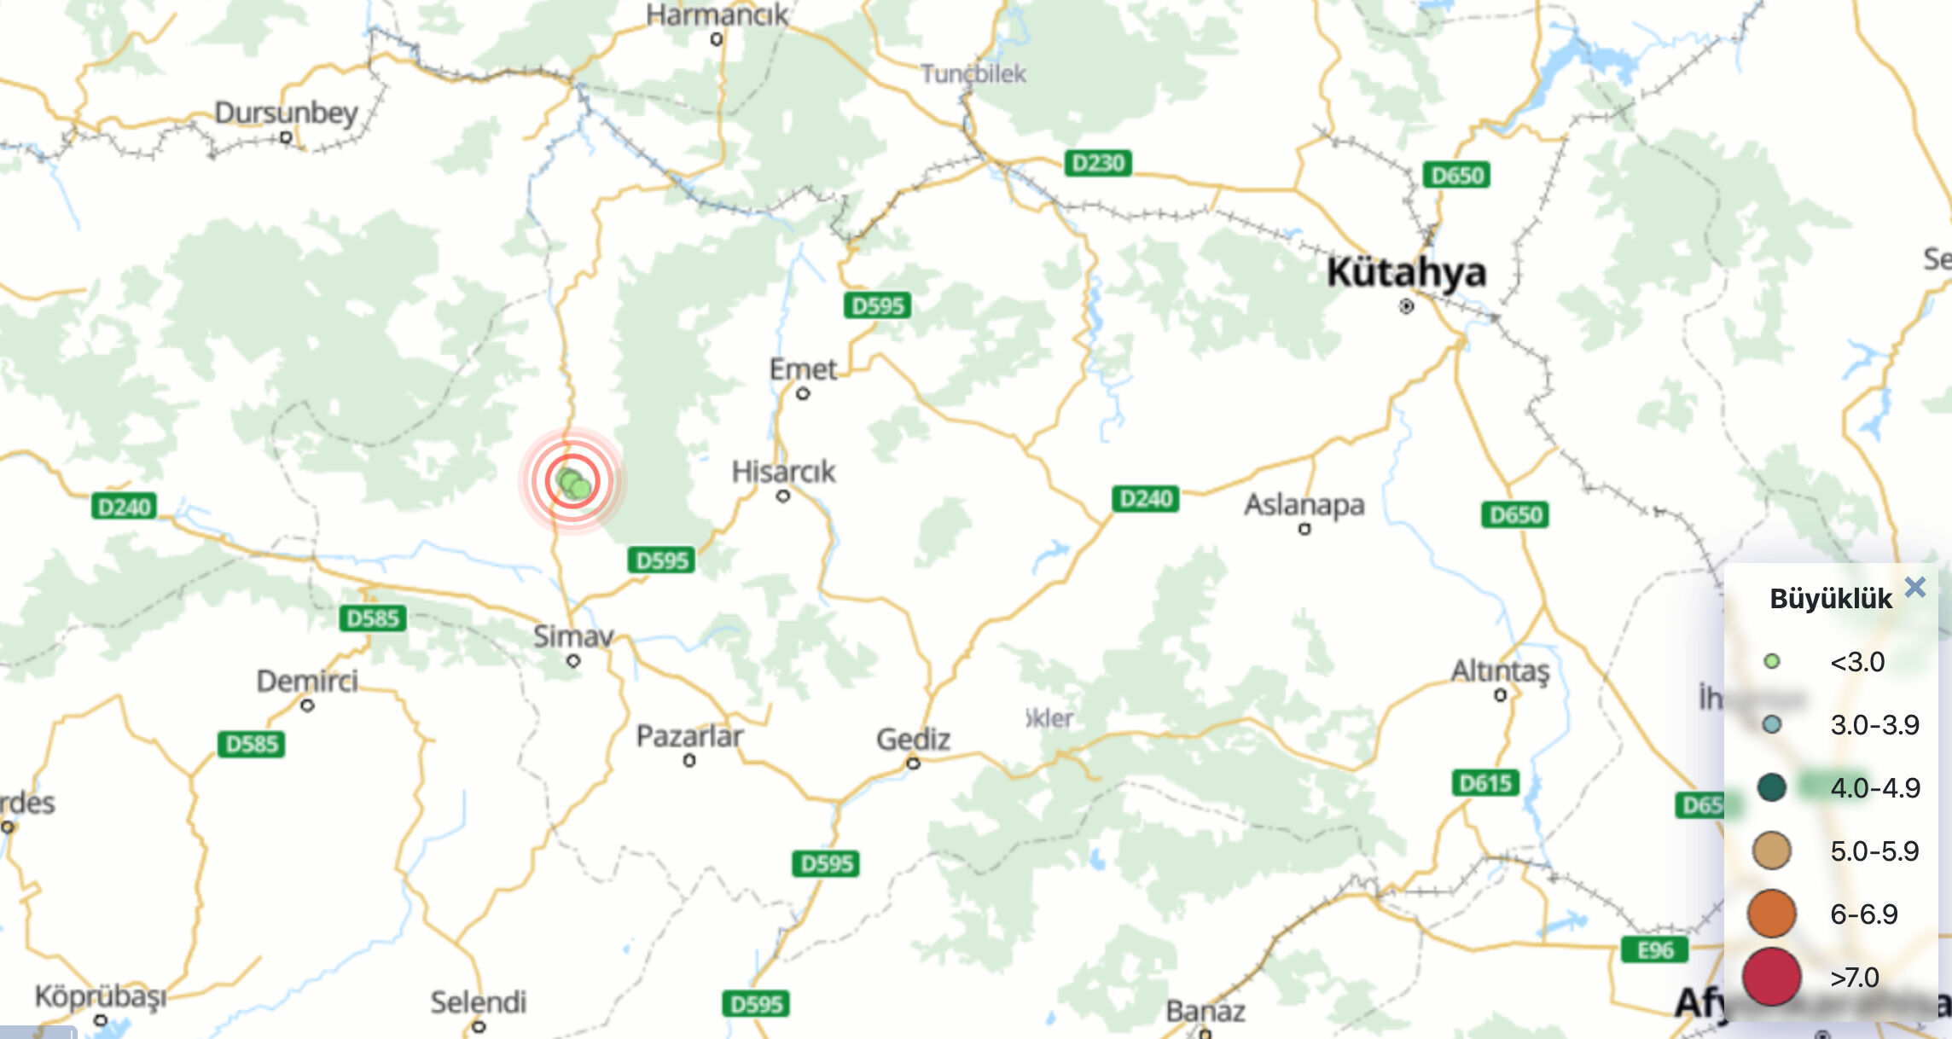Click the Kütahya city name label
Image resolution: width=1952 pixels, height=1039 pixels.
click(x=1406, y=273)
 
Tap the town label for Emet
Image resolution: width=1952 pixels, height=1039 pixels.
click(x=803, y=369)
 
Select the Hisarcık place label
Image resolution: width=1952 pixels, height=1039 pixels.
click(x=783, y=472)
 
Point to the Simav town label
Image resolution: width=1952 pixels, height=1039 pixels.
click(x=573, y=636)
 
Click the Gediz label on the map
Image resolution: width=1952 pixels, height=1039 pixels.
click(x=913, y=739)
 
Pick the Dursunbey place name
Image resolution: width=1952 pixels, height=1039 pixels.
click(x=286, y=113)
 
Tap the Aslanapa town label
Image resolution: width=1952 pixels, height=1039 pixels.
click(x=1304, y=505)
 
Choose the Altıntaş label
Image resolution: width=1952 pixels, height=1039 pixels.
click(x=1500, y=671)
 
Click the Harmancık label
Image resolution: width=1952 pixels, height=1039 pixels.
click(x=717, y=15)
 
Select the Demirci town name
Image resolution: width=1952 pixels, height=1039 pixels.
click(x=307, y=682)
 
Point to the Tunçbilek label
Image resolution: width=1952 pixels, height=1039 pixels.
click(x=973, y=74)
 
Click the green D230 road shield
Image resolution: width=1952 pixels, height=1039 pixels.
click(x=1098, y=163)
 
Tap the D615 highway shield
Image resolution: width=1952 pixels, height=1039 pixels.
click(x=1485, y=783)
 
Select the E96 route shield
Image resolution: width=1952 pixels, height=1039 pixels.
click(x=1655, y=950)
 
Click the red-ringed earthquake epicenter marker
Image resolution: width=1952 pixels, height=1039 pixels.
click(x=572, y=483)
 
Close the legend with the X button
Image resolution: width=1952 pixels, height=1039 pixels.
click(x=1915, y=587)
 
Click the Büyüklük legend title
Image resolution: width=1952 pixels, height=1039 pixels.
click(x=1830, y=599)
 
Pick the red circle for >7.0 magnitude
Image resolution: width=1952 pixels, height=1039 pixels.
click(x=1771, y=977)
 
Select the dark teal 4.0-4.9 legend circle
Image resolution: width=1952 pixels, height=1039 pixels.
click(x=1771, y=787)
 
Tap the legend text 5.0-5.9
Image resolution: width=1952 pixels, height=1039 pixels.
click(x=1874, y=850)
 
